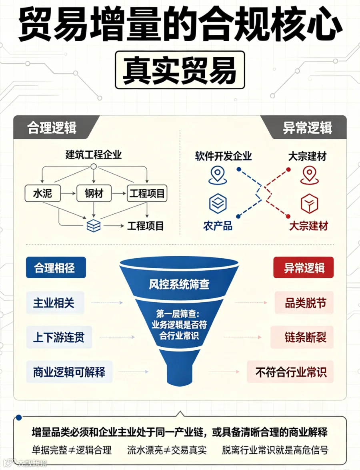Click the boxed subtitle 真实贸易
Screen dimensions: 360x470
click(x=180, y=70)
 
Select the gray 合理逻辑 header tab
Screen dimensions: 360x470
click(x=52, y=127)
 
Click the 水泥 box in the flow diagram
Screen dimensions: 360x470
click(x=42, y=193)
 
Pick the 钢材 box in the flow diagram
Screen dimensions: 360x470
click(x=94, y=193)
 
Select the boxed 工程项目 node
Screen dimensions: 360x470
click(x=147, y=193)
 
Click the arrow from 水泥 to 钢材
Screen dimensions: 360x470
click(x=68, y=193)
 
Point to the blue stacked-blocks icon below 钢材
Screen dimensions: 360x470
click(x=94, y=226)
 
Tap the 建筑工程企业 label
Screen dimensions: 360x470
click(x=94, y=155)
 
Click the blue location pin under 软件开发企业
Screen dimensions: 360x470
click(x=218, y=175)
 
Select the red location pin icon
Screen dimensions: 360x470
click(x=309, y=175)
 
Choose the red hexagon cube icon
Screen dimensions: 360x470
click(x=309, y=204)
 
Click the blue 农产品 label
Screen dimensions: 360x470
click(x=218, y=226)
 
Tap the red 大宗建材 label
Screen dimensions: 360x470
click(x=308, y=226)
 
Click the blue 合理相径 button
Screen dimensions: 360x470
click(x=56, y=267)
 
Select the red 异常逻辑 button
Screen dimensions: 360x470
click(x=303, y=267)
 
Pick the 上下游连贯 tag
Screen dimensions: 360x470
click(x=59, y=337)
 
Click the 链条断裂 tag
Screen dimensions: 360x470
click(x=302, y=337)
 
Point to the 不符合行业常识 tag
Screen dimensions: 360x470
click(x=290, y=372)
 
